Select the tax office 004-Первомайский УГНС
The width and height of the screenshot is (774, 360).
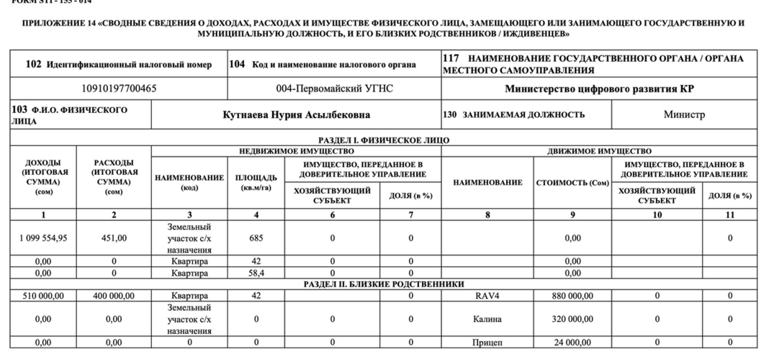[334, 89]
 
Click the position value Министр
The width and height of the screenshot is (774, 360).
[684, 114]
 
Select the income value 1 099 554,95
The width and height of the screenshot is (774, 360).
[42, 238]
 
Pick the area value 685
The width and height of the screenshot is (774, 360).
[256, 238]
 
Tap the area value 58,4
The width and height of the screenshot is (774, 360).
[256, 274]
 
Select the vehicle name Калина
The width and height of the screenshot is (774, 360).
[487, 318]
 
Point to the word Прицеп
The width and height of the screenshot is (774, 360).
[487, 342]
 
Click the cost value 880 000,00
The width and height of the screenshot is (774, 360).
[572, 295]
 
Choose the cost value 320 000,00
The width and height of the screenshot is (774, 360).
[572, 318]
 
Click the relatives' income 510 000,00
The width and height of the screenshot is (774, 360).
[42, 295]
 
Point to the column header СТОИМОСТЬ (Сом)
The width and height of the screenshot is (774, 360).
[572, 183]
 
